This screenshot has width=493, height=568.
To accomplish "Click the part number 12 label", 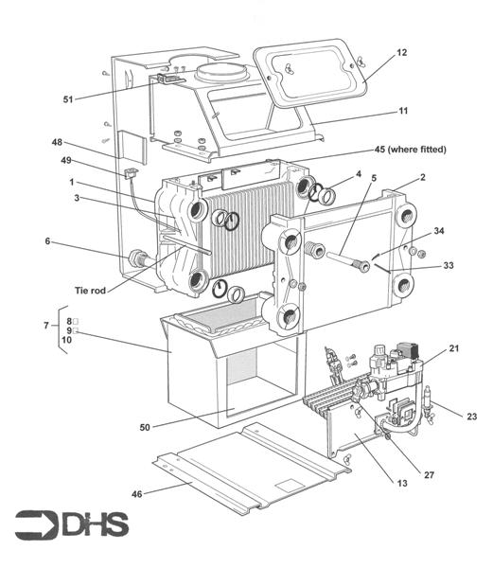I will click(x=401, y=52).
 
